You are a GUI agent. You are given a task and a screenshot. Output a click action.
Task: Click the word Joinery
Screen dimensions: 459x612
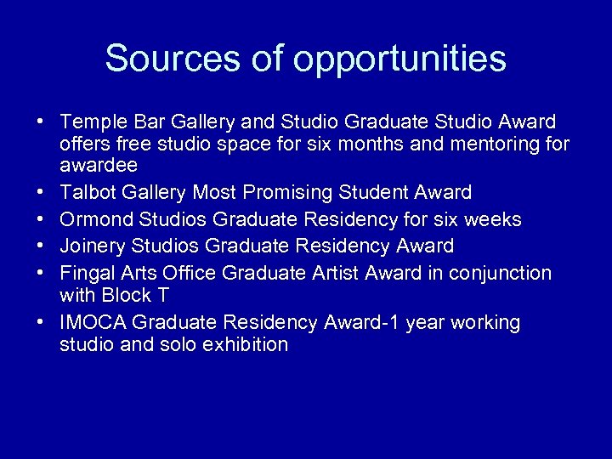coord(91,246)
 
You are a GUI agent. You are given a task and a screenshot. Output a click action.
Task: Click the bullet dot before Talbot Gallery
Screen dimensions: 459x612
coord(40,193)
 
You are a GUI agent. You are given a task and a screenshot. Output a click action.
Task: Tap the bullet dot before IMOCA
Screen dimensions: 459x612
coord(40,323)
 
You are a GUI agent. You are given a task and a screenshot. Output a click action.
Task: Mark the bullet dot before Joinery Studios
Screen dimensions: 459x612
coord(40,246)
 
